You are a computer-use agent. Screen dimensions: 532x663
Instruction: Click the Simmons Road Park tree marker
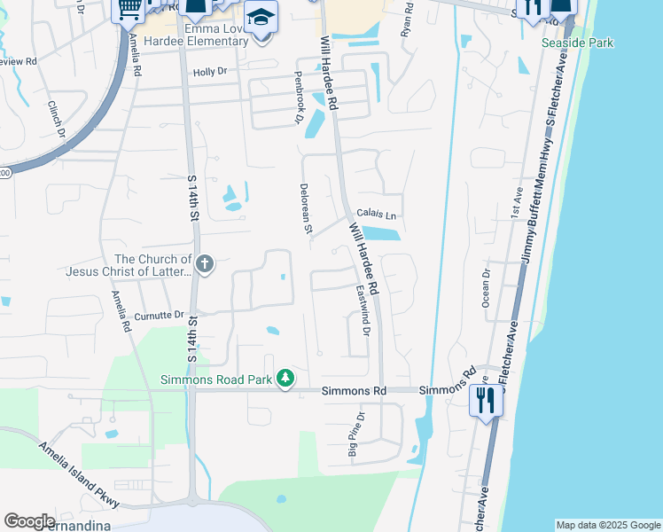coord(285,379)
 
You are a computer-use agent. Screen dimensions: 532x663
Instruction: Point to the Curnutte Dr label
coord(159,315)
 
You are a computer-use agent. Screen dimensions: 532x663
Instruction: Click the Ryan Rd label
coord(407,19)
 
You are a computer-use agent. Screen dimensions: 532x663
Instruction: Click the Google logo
coord(29,521)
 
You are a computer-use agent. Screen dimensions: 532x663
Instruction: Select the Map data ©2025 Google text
coord(607,525)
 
